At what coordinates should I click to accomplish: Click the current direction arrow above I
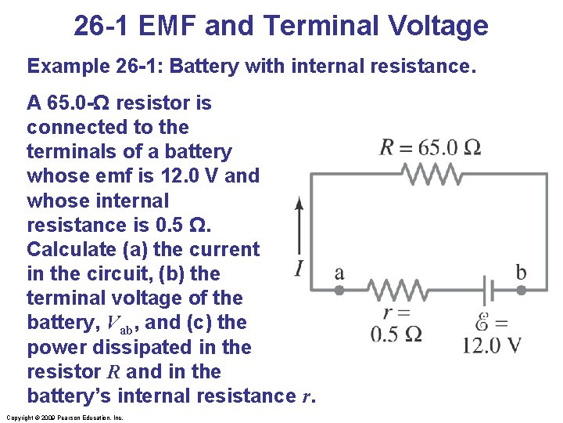point(299,227)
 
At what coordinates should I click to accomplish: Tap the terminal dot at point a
point(339,290)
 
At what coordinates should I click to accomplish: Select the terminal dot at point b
point(522,290)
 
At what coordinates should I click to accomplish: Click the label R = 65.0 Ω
point(430,148)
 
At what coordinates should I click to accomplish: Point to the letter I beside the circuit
point(299,269)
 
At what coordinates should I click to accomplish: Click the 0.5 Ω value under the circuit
point(396,334)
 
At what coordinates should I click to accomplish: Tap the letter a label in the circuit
point(339,273)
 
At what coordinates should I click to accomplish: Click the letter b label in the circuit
point(521,273)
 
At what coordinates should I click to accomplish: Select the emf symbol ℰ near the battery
point(482,321)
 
